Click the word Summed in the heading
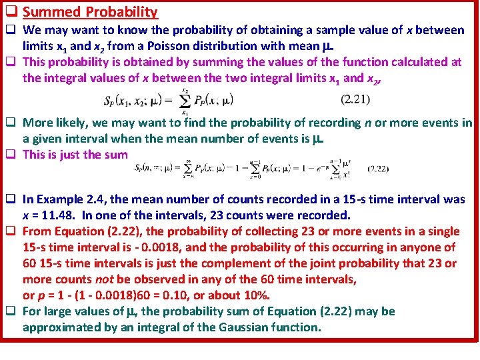click(x=51, y=12)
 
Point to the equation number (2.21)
click(x=355, y=100)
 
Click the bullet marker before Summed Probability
click(x=11, y=12)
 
